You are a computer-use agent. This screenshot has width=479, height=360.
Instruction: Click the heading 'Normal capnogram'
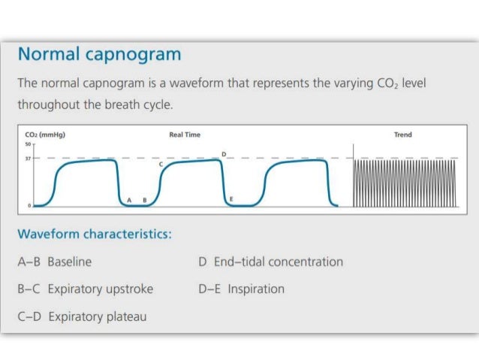point(99,55)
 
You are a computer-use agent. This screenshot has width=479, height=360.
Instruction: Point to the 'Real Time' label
point(185,135)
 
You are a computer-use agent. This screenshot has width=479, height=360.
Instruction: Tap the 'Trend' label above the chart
point(402,135)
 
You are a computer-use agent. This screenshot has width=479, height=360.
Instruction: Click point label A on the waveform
point(129,199)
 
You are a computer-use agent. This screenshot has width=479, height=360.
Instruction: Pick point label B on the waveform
point(143,199)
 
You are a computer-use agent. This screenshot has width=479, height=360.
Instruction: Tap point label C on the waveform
point(160,163)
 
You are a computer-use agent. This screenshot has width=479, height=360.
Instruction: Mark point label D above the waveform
point(223,153)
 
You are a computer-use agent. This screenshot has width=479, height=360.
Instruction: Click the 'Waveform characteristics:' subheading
point(95,234)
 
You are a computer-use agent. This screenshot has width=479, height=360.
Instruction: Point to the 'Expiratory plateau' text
point(98,316)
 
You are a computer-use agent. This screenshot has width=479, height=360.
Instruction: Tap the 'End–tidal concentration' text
point(279,262)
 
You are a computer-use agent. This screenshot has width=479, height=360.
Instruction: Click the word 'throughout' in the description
point(50,104)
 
